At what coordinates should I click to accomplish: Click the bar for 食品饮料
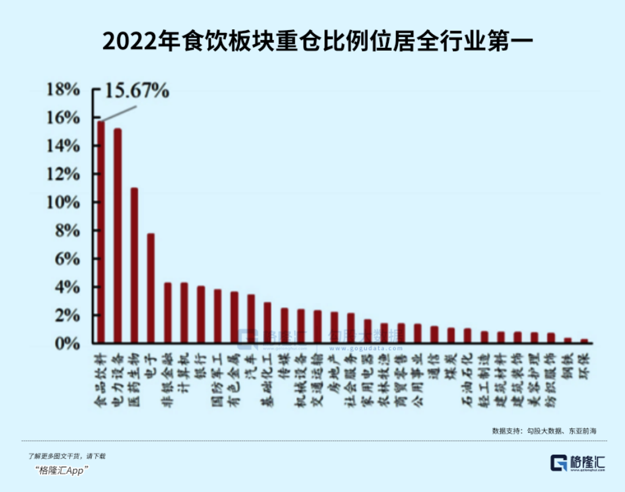pos(101,233)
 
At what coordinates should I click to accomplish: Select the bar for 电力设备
pos(118,236)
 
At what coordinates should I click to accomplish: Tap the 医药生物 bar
pos(134,266)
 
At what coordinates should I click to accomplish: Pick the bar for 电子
pos(151,288)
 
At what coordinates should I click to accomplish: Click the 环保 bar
pos(583,341)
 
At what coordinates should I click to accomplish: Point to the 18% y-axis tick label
pos(64,89)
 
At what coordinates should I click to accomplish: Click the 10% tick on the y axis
pos(64,203)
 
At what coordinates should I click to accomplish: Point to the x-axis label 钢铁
pos(567,365)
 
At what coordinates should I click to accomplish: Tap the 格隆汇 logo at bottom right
pos(578,463)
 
